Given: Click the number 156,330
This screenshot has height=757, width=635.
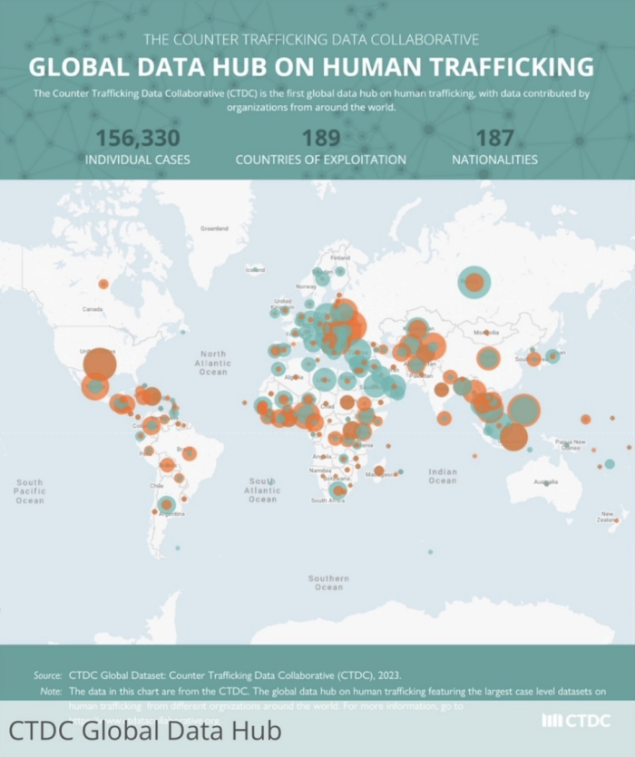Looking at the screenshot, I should (137, 138).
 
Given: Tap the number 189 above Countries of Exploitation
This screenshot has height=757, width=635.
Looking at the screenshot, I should (320, 138).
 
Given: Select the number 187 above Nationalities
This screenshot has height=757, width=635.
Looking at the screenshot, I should (494, 138).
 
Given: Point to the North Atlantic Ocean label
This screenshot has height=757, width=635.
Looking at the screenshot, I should (213, 363).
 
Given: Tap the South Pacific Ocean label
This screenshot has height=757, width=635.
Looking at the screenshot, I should (29, 491).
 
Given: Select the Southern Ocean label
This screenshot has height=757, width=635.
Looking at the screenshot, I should (327, 582).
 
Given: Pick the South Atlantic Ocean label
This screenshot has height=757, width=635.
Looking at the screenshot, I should (262, 490).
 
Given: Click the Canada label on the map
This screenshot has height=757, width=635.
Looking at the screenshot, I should (93, 309).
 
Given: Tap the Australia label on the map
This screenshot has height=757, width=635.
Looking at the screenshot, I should (546, 481).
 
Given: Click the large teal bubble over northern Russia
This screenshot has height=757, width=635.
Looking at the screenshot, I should (474, 283).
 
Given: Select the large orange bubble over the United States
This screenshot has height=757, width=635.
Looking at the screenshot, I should (100, 364).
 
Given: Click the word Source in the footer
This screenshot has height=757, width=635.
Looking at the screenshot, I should (46, 675).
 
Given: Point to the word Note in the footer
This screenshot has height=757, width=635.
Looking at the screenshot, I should (51, 691).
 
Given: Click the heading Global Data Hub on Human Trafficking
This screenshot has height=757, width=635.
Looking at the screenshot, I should (311, 67).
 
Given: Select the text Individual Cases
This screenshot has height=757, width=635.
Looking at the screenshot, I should (137, 160).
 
